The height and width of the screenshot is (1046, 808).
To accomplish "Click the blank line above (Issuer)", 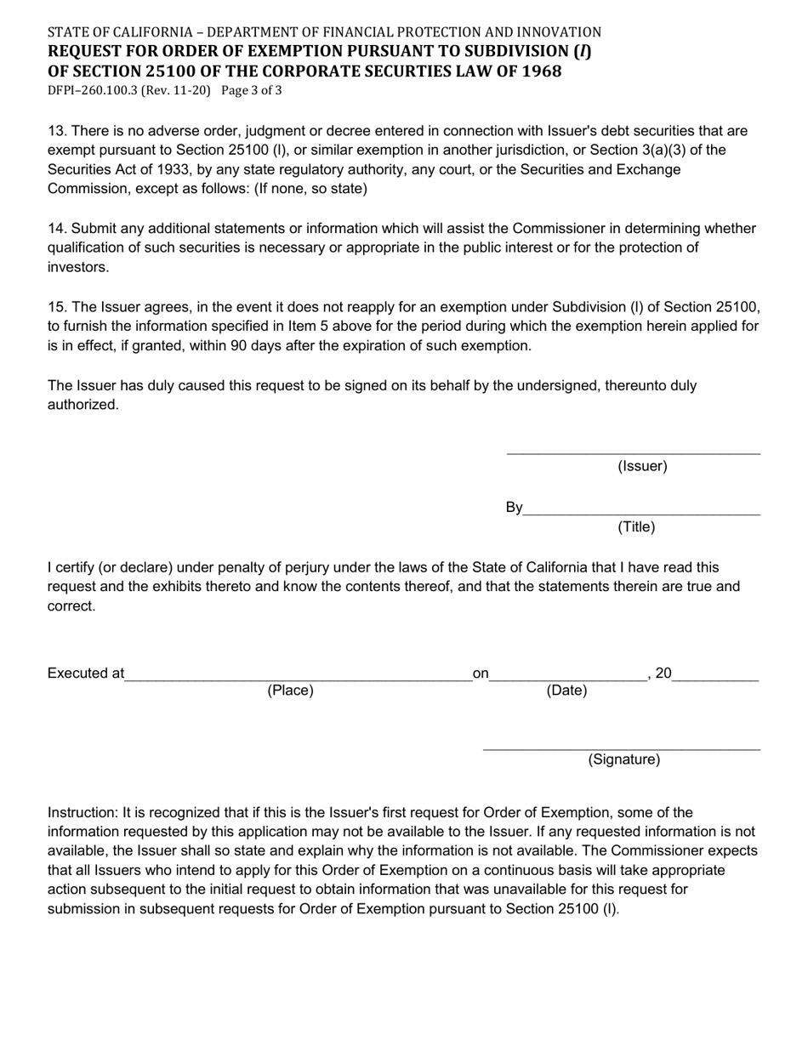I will [x=633, y=452].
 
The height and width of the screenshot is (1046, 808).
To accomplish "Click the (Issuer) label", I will [x=642, y=466].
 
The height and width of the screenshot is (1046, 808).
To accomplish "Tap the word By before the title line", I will [x=514, y=508].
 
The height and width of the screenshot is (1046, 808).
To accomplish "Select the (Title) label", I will [x=636, y=527].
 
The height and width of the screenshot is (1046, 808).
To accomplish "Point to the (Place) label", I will [x=290, y=691].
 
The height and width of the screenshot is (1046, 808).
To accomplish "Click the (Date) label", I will [x=566, y=691].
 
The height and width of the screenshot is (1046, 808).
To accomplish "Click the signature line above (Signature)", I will [x=621, y=748].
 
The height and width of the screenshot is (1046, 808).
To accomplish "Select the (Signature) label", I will [x=623, y=759].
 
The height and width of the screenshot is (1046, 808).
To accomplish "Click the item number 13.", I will [x=55, y=131].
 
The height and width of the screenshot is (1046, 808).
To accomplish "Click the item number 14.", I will [x=55, y=228].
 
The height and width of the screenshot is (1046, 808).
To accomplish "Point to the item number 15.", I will [x=55, y=307].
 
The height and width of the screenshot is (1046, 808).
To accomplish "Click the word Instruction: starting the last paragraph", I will [x=83, y=812].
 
